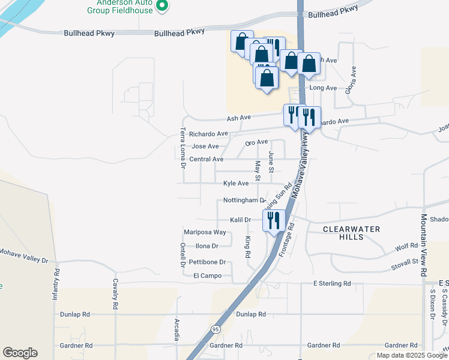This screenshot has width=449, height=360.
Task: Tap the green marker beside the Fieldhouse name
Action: click(x=161, y=6)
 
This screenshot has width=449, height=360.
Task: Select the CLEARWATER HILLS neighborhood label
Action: click(x=343, y=233)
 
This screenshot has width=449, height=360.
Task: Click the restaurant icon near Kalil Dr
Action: click(x=273, y=220)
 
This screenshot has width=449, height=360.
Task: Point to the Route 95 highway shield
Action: click(x=215, y=329)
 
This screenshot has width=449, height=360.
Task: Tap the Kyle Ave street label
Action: click(x=235, y=183)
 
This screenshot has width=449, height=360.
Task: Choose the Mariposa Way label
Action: click(x=205, y=232)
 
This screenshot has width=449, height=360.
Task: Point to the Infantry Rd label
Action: click(x=56, y=284)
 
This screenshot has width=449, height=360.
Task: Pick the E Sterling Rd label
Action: click(x=332, y=283)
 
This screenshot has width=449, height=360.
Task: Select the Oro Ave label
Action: click(x=256, y=142)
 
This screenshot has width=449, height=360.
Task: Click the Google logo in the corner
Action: click(x=20, y=353)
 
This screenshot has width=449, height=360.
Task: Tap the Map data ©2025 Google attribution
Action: click(x=411, y=355)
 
